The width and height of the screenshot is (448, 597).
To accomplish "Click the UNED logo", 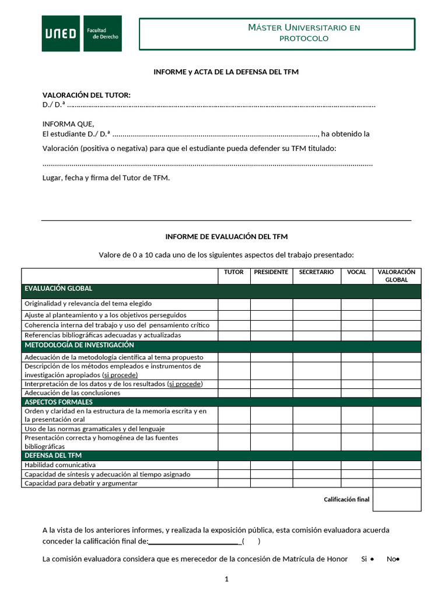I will [x=82, y=33].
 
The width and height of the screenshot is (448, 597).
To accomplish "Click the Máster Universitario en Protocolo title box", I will [x=277, y=33].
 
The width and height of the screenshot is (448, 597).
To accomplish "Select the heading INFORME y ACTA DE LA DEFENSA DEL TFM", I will [x=226, y=72].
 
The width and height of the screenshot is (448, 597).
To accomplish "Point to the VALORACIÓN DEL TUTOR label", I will [x=86, y=95].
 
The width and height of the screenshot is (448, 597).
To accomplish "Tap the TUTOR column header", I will [x=234, y=272].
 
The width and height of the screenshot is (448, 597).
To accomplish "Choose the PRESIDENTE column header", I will [x=271, y=272].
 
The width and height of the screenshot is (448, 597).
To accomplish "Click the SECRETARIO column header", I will [x=316, y=272].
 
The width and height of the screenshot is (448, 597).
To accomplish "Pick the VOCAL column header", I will [x=356, y=272].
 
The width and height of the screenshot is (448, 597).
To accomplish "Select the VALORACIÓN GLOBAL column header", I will [x=397, y=276].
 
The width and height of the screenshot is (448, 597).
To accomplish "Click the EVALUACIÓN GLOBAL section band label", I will [x=58, y=289].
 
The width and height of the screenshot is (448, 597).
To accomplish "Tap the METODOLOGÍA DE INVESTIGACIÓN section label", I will [x=79, y=345].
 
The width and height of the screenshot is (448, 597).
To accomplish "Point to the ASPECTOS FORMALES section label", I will [x=58, y=402].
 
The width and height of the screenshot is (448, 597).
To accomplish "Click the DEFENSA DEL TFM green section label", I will [x=53, y=455].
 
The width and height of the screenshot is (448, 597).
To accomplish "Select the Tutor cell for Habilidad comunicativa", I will [x=234, y=465].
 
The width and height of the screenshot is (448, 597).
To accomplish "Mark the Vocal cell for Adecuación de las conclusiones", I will [x=356, y=393].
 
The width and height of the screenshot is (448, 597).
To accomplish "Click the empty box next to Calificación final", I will [x=397, y=499].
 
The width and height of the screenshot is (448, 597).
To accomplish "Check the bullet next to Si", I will [x=372, y=560].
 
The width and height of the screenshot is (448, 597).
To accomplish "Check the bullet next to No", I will [x=397, y=560].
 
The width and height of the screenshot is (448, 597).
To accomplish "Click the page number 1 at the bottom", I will [x=226, y=579].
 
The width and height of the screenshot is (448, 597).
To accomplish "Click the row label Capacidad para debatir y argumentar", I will [x=81, y=483].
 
